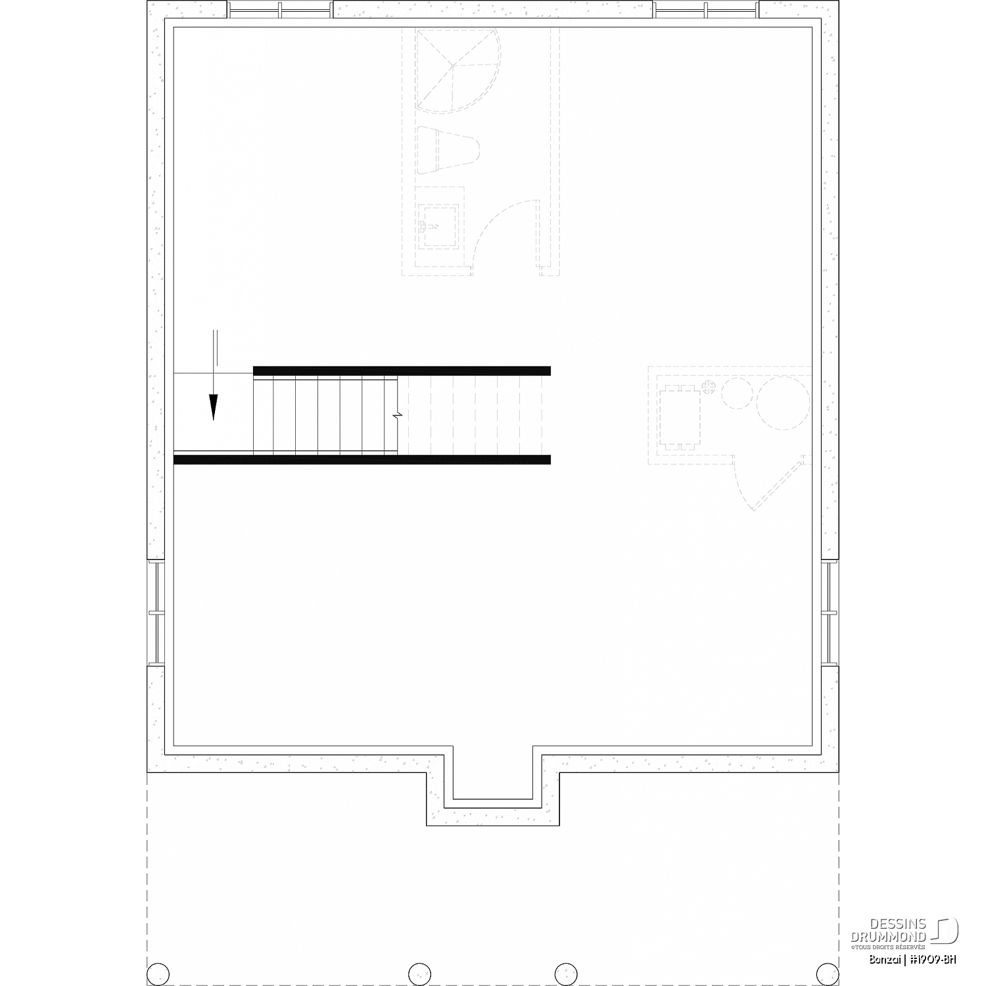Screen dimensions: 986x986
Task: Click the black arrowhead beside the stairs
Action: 213,406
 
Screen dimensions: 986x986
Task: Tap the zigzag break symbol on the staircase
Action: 397,416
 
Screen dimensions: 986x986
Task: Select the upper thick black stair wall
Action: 402,371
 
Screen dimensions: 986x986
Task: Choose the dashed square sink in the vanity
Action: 438,225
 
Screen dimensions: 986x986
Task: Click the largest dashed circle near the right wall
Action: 784,402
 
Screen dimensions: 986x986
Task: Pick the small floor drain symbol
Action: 708,387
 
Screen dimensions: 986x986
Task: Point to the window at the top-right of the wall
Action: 705,10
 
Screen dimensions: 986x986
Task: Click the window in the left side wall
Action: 156,613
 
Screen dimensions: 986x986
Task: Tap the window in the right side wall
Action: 830,613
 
